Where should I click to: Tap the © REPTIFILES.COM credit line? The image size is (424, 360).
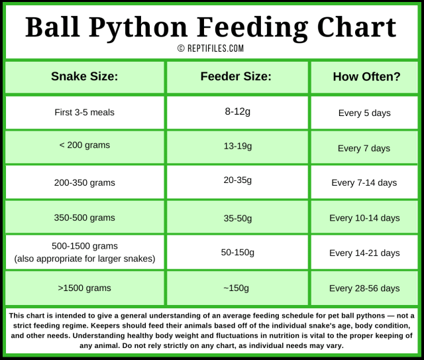click(211, 48)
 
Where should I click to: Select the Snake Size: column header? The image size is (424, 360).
click(84, 76)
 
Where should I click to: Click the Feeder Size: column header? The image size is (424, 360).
click(236, 76)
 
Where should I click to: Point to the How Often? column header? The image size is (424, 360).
click(366, 76)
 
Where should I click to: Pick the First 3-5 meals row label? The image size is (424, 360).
click(84, 112)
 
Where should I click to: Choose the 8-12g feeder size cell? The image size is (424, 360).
click(237, 111)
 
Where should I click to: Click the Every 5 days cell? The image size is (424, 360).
click(364, 113)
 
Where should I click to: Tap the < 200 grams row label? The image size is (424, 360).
click(84, 145)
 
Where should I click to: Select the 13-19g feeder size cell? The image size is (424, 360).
click(237, 145)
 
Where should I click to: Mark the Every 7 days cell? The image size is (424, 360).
click(364, 148)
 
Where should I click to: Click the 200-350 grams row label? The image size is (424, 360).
click(84, 182)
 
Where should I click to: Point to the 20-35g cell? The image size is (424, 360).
click(237, 180)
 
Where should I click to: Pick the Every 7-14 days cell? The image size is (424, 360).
click(364, 182)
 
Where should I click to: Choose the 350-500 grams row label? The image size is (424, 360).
click(84, 217)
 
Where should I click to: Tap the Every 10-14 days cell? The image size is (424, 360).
click(364, 217)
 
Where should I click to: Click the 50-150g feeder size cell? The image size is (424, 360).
click(237, 253)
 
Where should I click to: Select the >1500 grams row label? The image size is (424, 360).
click(84, 288)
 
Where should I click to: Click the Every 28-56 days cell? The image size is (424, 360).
click(364, 288)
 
